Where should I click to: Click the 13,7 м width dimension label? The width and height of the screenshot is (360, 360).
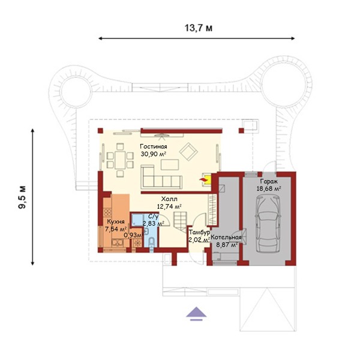click(199, 28)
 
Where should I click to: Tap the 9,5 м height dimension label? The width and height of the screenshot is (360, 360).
click(22, 197)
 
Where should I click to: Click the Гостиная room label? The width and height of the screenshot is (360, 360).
click(154, 146)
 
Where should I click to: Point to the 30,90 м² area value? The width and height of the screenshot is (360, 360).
click(154, 154)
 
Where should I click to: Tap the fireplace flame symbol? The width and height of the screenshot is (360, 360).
click(203, 180)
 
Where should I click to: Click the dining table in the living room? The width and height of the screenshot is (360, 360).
click(120, 160)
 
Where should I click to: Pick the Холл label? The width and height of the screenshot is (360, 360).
click(169, 199)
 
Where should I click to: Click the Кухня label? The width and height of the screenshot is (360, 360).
click(116, 221)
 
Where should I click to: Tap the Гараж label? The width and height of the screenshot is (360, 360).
click(269, 181)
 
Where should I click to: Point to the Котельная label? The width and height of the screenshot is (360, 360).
click(226, 238)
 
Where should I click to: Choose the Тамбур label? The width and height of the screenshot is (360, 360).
click(199, 232)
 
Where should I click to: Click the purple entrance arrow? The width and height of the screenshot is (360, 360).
click(196, 314)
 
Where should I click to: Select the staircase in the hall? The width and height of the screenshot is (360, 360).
click(181, 222)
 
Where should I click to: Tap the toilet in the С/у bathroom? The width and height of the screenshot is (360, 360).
click(151, 242)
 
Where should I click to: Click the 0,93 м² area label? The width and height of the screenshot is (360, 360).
click(134, 235)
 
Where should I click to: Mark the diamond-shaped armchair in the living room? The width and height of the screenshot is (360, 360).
click(188, 152)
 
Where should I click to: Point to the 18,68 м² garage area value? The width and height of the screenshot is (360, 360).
click(269, 189)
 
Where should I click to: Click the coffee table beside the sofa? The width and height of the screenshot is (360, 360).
click(170, 164)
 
